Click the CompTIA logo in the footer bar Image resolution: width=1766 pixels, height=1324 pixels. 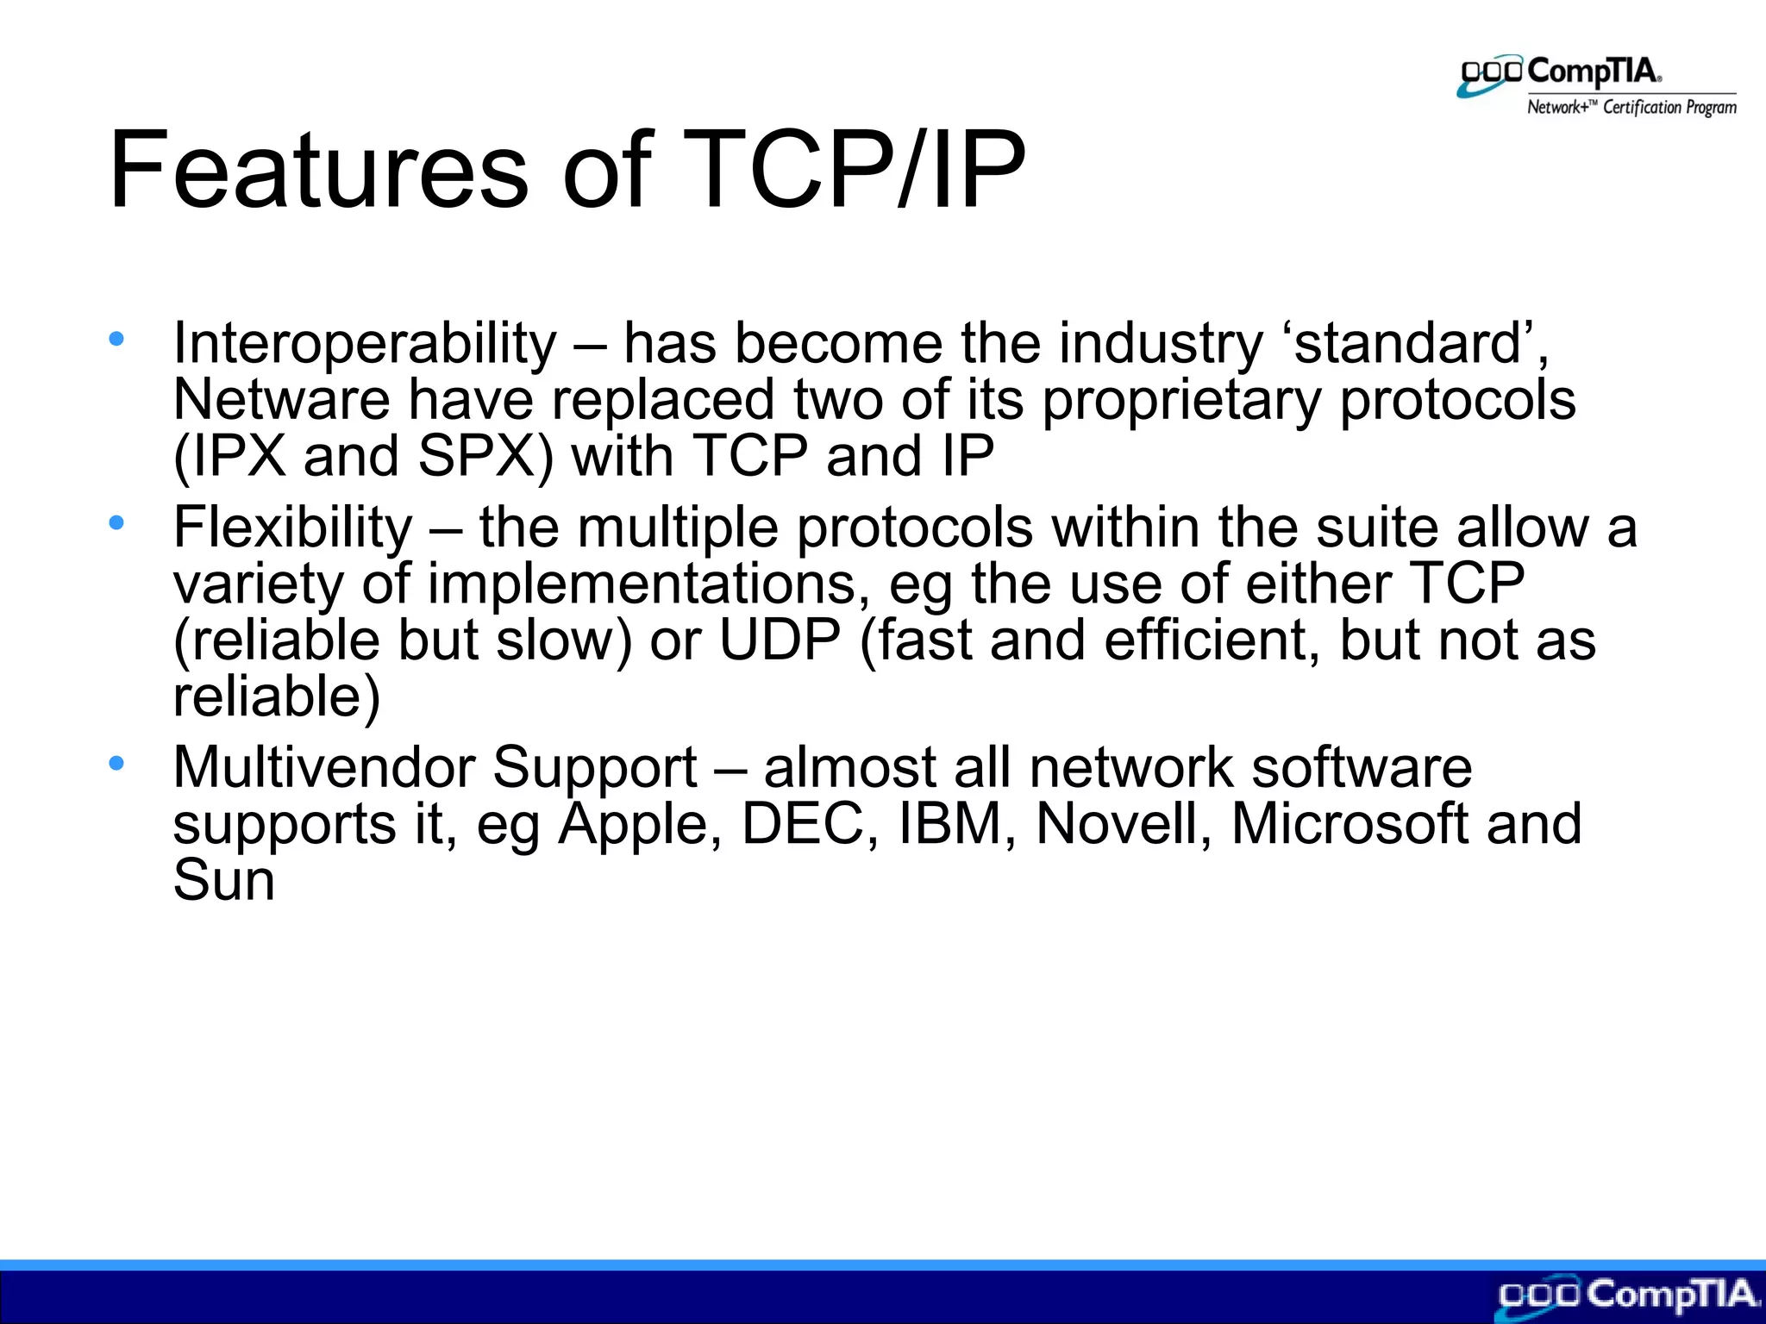click(1626, 1296)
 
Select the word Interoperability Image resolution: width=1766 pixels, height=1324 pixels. click(365, 343)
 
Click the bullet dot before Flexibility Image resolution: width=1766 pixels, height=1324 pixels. click(116, 521)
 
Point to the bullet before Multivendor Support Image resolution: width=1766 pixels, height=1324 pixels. click(116, 762)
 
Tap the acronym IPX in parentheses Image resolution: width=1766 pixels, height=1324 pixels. click(239, 456)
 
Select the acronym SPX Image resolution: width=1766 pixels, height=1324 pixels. click(477, 456)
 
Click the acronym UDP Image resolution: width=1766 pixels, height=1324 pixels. click(780, 640)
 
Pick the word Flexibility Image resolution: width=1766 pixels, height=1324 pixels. click(292, 528)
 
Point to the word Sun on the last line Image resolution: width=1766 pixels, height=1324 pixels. click(223, 880)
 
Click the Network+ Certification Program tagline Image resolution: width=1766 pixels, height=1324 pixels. click(1631, 108)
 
